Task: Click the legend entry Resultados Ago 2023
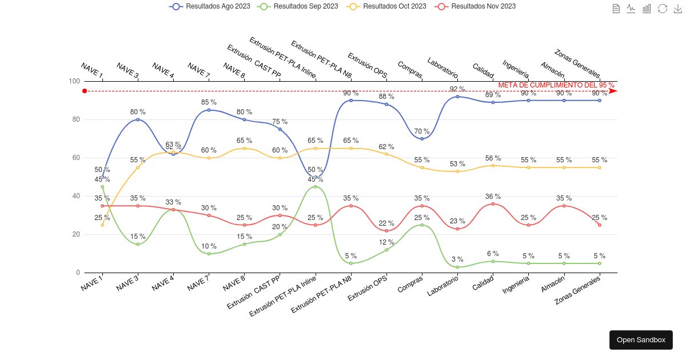[210, 6]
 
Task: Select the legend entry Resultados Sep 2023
[298, 6]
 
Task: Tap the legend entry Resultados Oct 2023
[387, 6]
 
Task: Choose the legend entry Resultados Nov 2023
[476, 6]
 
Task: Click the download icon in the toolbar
[677, 9]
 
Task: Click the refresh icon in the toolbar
[662, 9]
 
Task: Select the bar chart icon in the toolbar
[647, 9]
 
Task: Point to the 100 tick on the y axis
[74, 81]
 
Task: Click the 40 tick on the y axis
[76, 196]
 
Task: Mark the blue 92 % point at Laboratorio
[458, 97]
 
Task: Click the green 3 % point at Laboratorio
[458, 267]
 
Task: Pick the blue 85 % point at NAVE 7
[209, 110]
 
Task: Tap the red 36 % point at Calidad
[493, 204]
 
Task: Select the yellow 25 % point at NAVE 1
[102, 225]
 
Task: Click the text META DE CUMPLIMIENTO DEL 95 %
[556, 85]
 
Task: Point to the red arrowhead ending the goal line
[613, 91]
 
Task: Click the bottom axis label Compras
[410, 285]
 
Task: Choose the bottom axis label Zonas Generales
[578, 290]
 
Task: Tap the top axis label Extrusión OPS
[368, 66]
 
